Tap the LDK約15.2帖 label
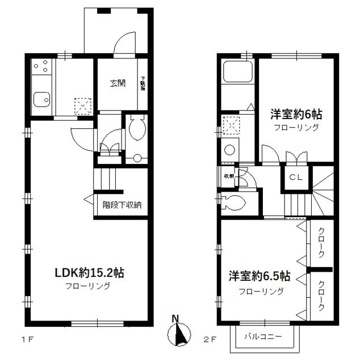89,273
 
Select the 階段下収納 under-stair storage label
122,204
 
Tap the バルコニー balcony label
263,336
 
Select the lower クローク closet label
321,295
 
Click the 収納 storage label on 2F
228,176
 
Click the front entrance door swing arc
122,44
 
